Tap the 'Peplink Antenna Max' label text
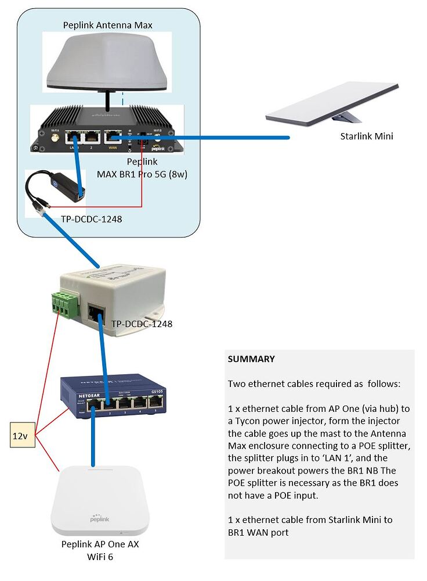pyautogui.click(x=107, y=25)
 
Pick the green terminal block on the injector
pyautogui.click(x=66, y=303)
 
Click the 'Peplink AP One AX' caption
pyautogui.click(x=100, y=544)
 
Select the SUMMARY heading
pyautogui.click(x=251, y=359)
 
